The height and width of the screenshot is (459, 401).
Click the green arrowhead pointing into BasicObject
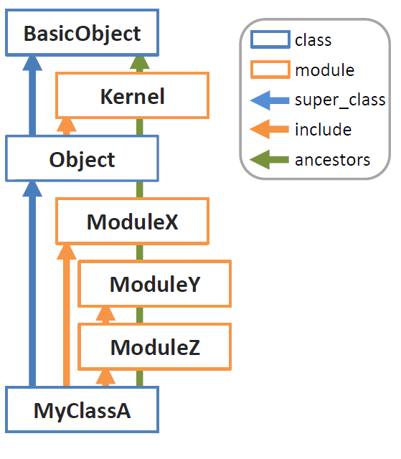tap(140, 63)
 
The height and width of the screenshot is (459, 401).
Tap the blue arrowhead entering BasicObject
tap(32, 63)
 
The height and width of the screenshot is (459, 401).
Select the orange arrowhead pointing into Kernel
tap(67, 126)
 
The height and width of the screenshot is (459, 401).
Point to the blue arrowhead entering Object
tap(32, 189)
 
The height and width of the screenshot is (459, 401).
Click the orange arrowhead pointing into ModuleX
tap(67, 252)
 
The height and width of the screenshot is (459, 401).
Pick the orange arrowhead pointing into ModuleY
tap(105, 314)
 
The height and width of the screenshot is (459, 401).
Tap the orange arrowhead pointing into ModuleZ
tap(105, 377)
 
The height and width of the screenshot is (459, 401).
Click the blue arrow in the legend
tap(270, 100)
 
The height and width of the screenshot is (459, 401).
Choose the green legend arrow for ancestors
tap(269, 159)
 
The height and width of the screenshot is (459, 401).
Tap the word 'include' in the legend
tap(323, 129)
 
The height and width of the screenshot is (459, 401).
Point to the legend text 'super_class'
tap(340, 100)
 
